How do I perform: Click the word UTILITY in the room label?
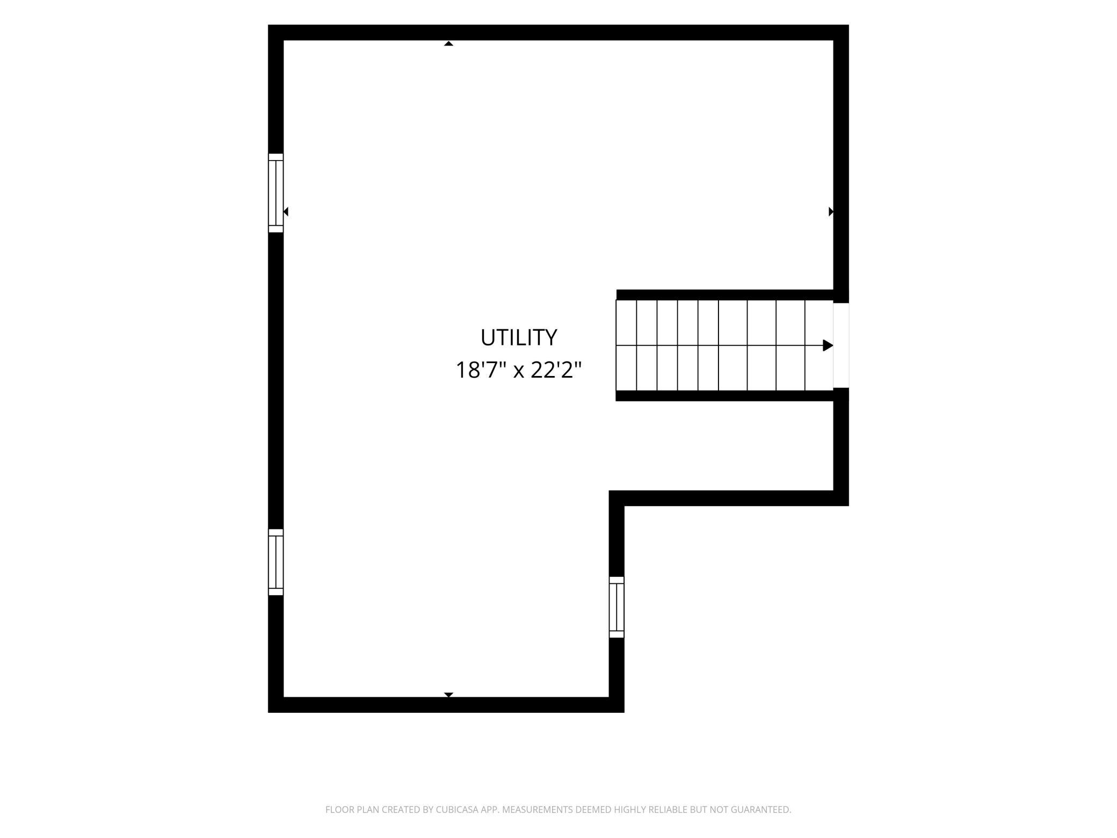(x=518, y=337)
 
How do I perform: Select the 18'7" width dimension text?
(x=481, y=370)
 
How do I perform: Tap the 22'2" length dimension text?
(x=556, y=370)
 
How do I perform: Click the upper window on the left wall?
(x=275, y=193)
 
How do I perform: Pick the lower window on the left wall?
(x=275, y=562)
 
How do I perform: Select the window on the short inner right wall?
(x=616, y=607)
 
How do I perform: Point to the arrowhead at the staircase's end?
(x=828, y=345)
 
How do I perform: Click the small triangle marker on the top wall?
(x=448, y=44)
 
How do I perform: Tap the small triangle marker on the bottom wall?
(x=448, y=695)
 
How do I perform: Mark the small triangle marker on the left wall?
(x=286, y=212)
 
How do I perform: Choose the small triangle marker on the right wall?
(x=831, y=212)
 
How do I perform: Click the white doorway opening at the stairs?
(x=841, y=345)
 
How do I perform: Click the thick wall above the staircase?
(x=725, y=295)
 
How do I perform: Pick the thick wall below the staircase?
(x=724, y=396)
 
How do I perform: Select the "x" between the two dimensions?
(x=518, y=372)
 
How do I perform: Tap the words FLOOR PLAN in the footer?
(x=352, y=810)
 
